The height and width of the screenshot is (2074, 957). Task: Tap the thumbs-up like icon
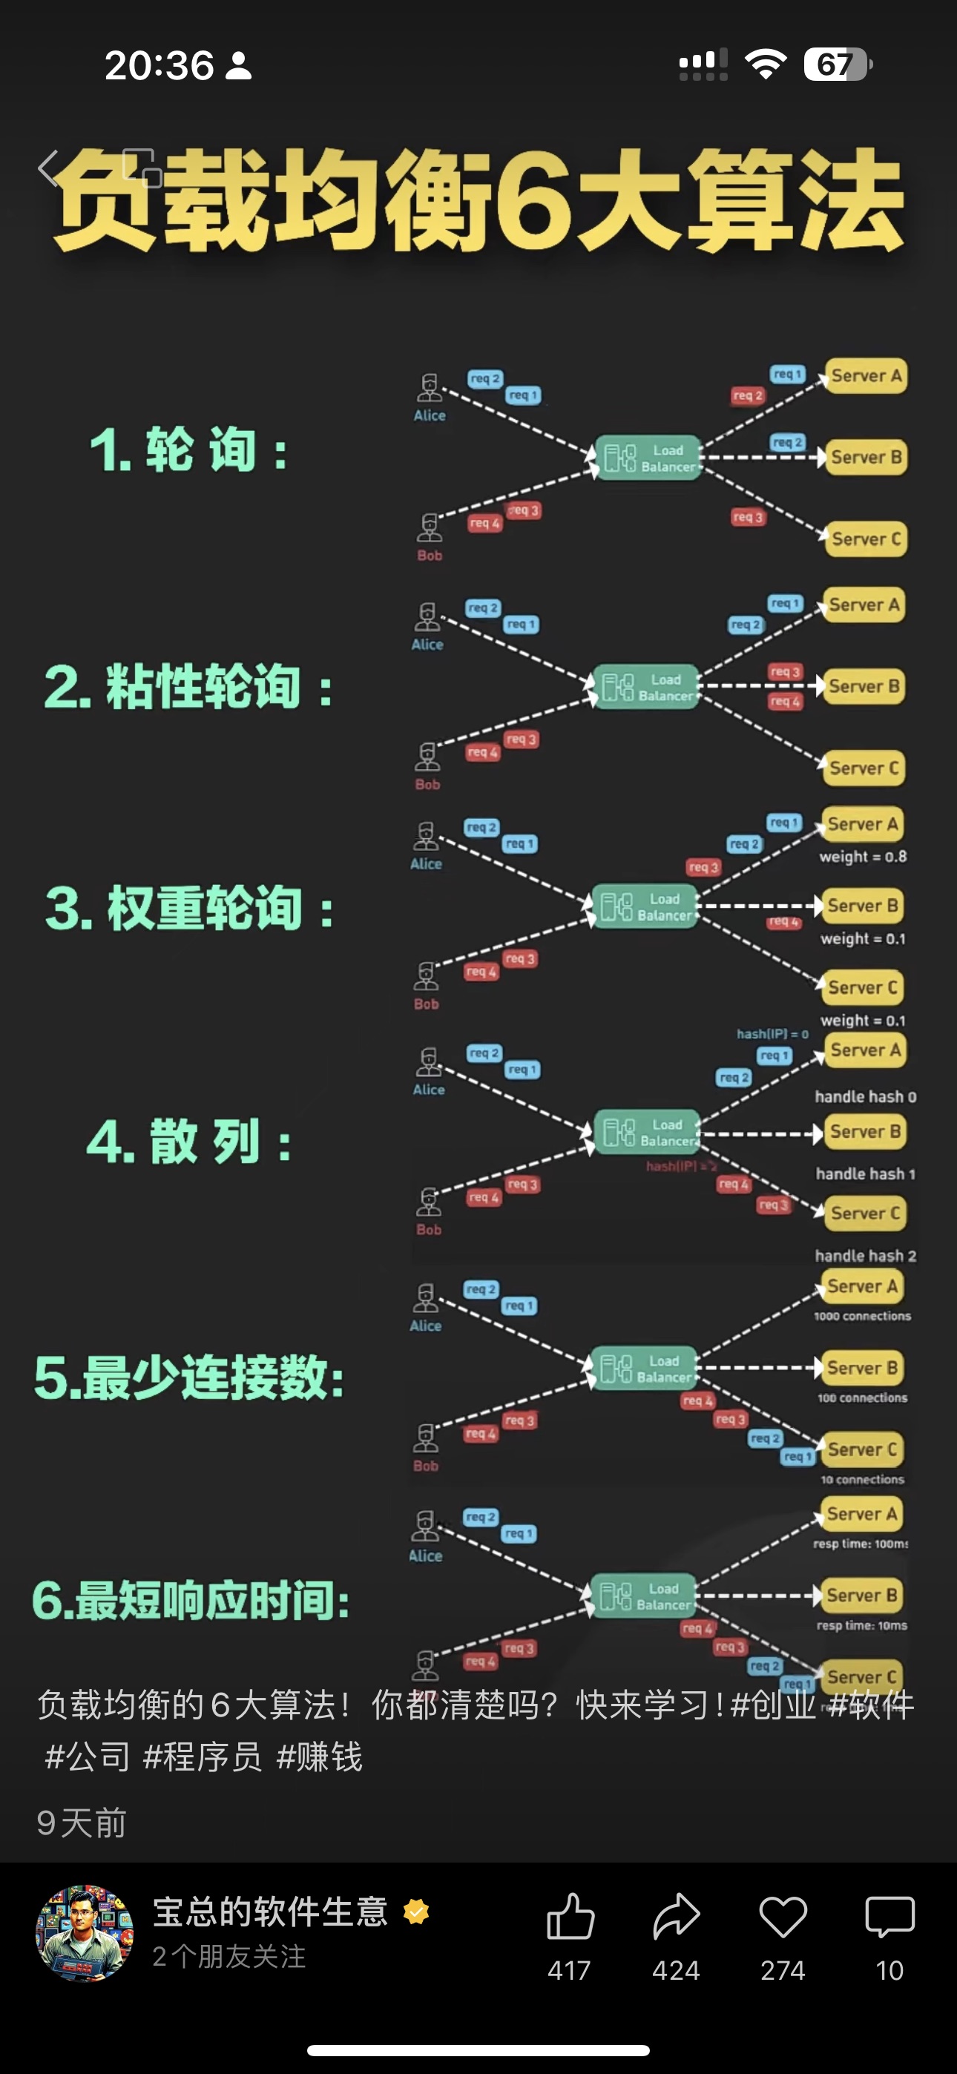coord(570,1917)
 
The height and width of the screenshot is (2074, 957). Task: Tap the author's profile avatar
coord(84,1932)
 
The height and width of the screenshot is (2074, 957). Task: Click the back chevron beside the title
coord(48,168)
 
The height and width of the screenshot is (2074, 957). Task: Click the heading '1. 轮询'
coord(188,450)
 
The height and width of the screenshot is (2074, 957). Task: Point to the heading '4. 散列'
coord(188,1142)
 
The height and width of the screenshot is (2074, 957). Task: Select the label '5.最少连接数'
coord(188,1377)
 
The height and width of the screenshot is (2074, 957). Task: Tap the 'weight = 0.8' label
coord(863,857)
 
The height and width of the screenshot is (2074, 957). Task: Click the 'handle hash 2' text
coord(865,1255)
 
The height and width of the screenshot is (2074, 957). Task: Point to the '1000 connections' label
coord(862,1317)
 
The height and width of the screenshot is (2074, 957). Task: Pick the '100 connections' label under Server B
coord(862,1398)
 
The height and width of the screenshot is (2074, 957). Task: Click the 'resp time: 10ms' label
coord(862,1625)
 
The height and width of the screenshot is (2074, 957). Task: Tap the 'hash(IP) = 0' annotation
coord(772,1034)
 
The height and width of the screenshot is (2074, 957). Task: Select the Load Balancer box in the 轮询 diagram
coord(648,458)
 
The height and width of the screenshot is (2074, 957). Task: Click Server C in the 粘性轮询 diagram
coord(862,768)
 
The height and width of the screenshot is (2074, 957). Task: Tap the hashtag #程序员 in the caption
coord(203,1757)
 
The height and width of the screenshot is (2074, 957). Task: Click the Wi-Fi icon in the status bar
coord(766,64)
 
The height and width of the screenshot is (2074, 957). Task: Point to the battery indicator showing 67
coord(837,65)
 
